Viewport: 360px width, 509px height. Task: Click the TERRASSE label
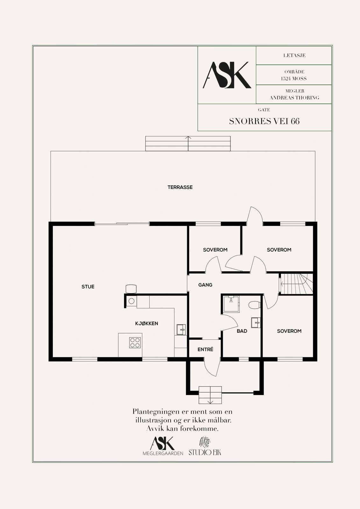(x=180, y=187)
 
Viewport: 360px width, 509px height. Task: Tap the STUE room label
(x=88, y=287)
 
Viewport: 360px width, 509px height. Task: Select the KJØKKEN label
(x=146, y=323)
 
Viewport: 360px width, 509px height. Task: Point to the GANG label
(x=205, y=285)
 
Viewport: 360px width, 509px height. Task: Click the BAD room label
(x=242, y=331)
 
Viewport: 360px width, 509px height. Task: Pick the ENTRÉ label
(x=205, y=350)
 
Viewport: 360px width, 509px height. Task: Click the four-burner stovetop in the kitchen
(x=135, y=343)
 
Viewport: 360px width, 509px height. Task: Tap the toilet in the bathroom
(x=254, y=305)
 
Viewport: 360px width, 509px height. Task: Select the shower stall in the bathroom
(x=231, y=304)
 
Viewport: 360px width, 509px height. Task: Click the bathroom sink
(x=256, y=323)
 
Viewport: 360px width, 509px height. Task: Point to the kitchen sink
(x=181, y=330)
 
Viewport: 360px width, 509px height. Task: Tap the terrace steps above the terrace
(x=188, y=143)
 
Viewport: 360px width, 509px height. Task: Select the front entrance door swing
(x=212, y=368)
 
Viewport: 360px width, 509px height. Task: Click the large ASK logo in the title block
(x=227, y=75)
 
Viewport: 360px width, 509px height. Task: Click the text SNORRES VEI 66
(x=264, y=121)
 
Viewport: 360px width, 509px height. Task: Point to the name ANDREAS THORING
(x=294, y=98)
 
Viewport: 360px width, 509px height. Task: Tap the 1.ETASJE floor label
(x=294, y=55)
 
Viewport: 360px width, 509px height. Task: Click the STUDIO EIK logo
(x=205, y=446)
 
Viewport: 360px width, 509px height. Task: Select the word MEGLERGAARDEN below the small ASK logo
(x=163, y=454)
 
